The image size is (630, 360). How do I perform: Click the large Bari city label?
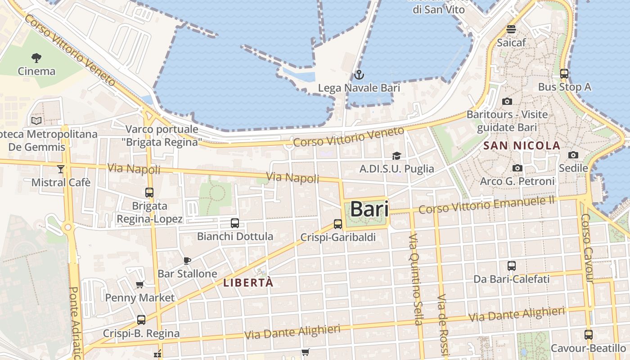point(369,209)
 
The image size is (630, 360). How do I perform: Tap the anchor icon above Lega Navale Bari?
point(359,75)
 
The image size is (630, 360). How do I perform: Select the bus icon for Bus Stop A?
point(564,74)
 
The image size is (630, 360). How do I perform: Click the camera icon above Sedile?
point(573,155)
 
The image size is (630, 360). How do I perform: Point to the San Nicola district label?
point(522,146)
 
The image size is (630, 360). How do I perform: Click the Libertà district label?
point(248,283)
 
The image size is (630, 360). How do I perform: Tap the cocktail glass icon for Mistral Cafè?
point(61,169)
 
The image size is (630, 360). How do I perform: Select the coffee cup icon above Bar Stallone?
point(187,261)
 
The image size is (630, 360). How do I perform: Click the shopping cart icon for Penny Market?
point(139,284)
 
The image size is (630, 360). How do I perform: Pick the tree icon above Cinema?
point(36,58)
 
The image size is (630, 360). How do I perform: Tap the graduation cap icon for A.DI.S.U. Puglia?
point(396,156)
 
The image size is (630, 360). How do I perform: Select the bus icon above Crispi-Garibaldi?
point(337,224)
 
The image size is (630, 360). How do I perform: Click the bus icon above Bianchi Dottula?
point(234,223)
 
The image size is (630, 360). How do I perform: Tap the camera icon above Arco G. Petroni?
point(517,168)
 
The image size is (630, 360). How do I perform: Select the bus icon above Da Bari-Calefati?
point(511,266)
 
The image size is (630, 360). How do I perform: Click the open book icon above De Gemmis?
point(36,121)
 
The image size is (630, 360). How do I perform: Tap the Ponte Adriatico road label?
point(75,322)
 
